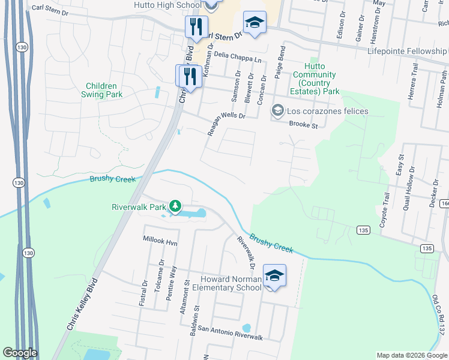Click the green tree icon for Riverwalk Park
pyautogui.click(x=175, y=207)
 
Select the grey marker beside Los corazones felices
pyautogui.click(x=277, y=110)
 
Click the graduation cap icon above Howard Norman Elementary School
pyautogui.click(x=274, y=275)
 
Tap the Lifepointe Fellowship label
pyautogui.click(x=408, y=52)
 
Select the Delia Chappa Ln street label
pyautogui.click(x=239, y=59)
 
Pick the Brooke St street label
pyautogui.click(x=303, y=125)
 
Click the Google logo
pyautogui.click(x=19, y=353)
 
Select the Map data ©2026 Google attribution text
pyautogui.click(x=411, y=355)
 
